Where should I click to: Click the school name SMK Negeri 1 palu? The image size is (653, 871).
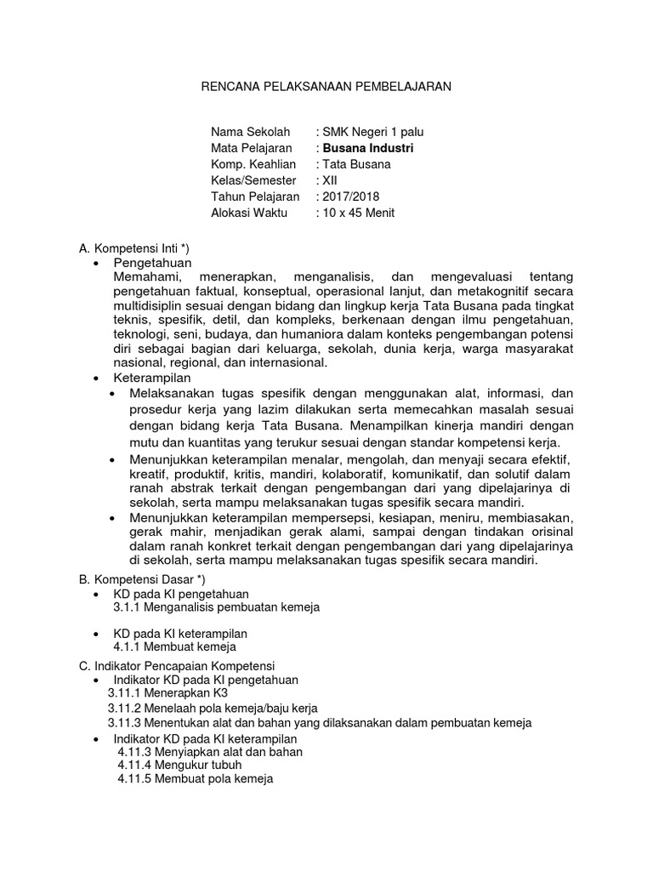[x=372, y=132]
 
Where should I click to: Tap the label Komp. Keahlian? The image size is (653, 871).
[x=253, y=164]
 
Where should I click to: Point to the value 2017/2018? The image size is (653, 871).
[x=349, y=196]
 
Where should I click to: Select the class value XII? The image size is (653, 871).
[x=328, y=180]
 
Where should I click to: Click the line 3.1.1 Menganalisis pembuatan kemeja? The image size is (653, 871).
[x=216, y=607]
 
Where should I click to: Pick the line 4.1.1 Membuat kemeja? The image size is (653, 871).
[x=174, y=647]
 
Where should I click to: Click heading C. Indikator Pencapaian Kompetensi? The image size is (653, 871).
[x=183, y=665]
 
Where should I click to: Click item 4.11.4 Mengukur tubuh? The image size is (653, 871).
[x=175, y=766]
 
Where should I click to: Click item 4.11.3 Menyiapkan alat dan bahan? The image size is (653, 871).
[x=210, y=752]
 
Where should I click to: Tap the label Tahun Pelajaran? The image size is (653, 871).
[x=255, y=196]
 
